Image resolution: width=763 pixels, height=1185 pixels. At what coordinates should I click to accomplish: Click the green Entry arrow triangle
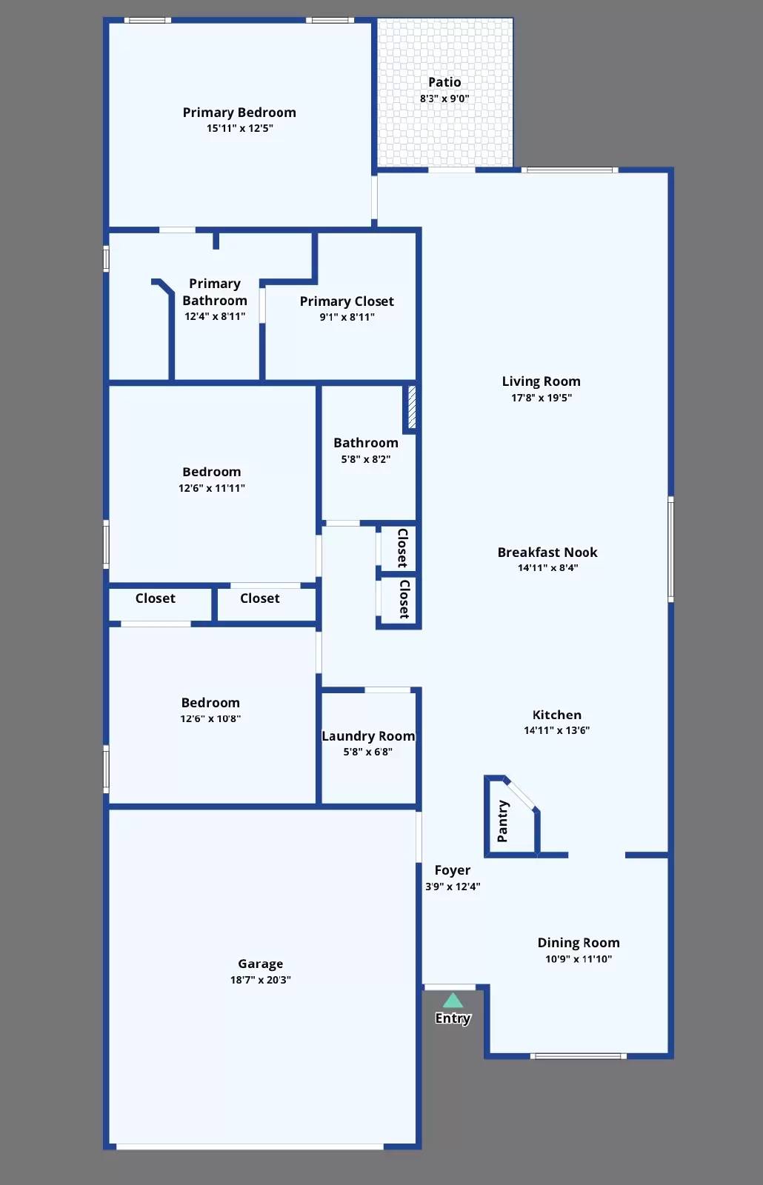tap(453, 1001)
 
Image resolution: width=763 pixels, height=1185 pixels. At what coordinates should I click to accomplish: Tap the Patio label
tap(444, 82)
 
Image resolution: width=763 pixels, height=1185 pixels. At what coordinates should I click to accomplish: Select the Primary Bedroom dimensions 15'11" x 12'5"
tap(239, 128)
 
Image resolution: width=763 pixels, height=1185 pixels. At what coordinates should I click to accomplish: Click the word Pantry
tap(502, 821)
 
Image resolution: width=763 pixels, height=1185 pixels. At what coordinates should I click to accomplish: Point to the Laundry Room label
tap(368, 736)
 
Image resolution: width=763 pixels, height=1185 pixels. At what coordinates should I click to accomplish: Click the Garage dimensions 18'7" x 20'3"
tap(260, 980)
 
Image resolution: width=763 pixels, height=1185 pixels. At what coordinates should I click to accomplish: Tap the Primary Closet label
tap(347, 301)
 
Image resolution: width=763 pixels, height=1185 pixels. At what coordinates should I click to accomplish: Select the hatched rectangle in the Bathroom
tap(412, 407)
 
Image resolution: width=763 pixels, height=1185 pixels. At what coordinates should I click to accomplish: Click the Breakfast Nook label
tap(547, 553)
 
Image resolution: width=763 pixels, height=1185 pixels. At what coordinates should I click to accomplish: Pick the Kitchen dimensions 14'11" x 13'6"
tap(556, 730)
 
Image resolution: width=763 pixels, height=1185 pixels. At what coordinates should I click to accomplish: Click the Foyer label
tap(452, 870)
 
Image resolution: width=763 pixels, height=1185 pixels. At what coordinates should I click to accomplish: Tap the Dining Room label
tap(579, 943)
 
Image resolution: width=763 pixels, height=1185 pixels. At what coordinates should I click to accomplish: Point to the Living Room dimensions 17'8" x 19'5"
tap(541, 398)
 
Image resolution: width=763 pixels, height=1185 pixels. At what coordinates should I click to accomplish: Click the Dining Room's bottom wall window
tap(579, 1056)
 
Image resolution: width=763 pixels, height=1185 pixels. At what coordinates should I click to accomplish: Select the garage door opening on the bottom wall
tap(250, 1146)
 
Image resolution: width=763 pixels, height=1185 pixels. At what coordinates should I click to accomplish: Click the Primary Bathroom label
tap(215, 292)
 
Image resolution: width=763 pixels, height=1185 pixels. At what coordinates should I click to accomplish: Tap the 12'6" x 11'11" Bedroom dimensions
tap(211, 488)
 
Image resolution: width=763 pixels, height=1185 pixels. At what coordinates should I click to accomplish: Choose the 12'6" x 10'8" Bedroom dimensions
tap(210, 718)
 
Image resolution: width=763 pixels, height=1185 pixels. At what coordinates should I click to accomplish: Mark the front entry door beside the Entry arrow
tap(450, 987)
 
